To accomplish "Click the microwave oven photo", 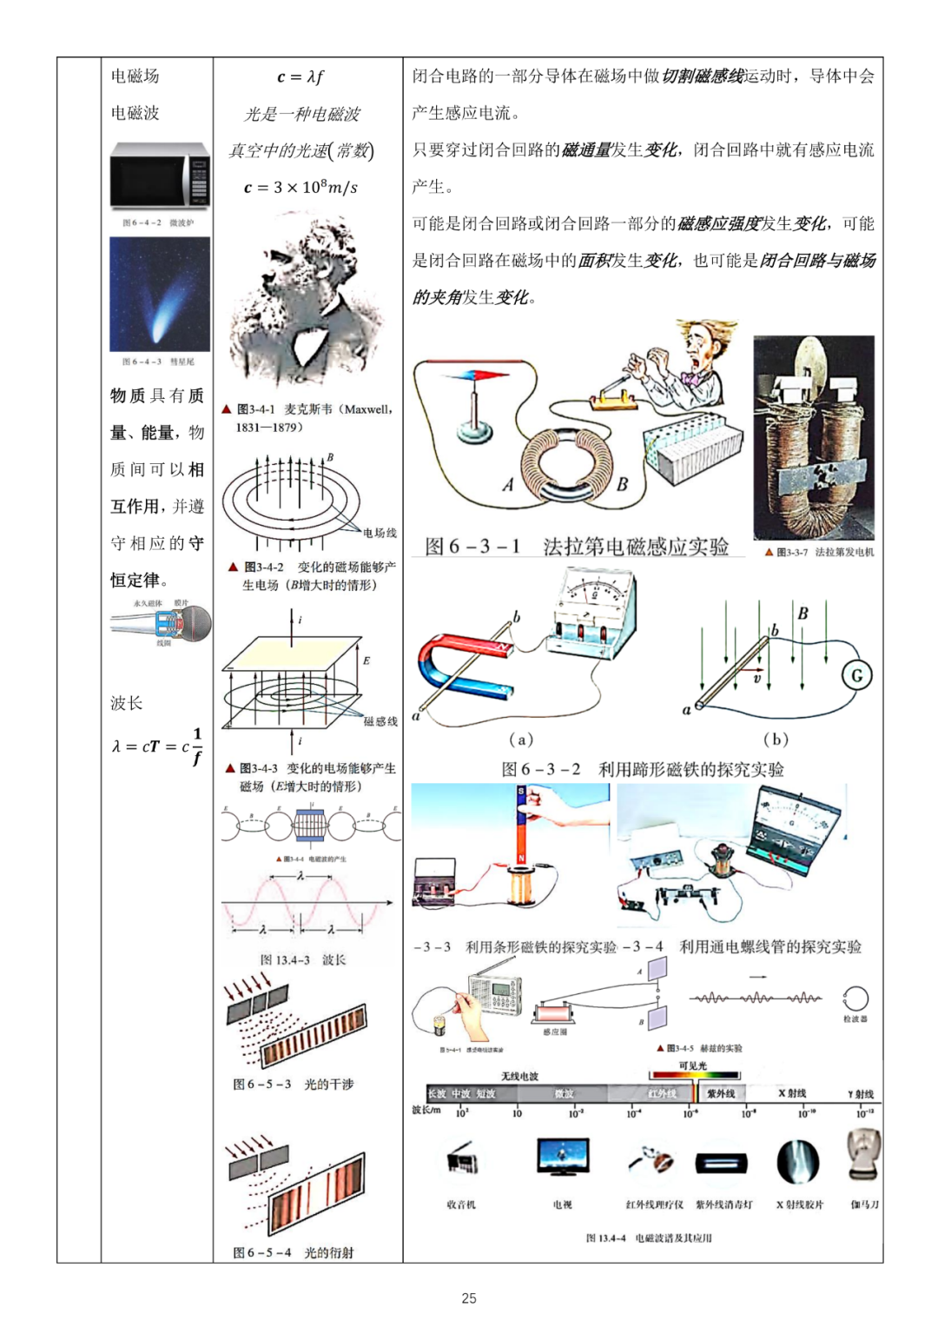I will [x=160, y=175].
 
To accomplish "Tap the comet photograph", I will [x=160, y=295].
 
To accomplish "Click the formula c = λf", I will [x=301, y=76].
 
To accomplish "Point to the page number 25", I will [x=469, y=1297].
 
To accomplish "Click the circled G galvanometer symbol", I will [x=856, y=675].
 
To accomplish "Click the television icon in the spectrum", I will [x=563, y=1158].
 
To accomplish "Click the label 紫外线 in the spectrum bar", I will [x=721, y=1093].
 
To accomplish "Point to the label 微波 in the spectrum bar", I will [x=565, y=1093].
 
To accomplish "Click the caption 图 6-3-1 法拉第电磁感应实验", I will [x=577, y=546].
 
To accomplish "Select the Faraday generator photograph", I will [x=814, y=438].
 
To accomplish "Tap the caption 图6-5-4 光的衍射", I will [x=293, y=1252].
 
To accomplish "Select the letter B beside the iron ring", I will [x=622, y=484].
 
